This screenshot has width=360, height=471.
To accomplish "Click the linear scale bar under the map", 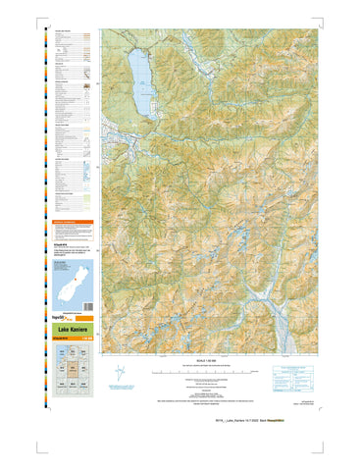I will point(197,374).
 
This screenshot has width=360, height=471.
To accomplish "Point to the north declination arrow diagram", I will point(120,375).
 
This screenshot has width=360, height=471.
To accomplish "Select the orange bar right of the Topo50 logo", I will point(86,317).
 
